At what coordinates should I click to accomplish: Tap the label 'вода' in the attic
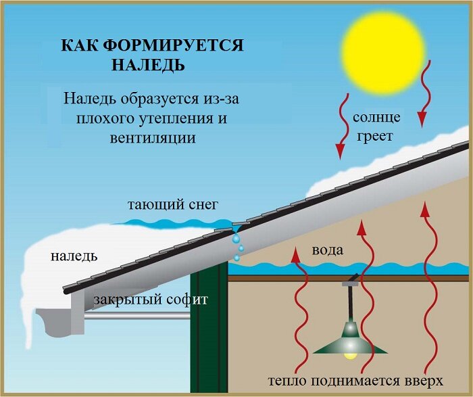[x=327, y=250]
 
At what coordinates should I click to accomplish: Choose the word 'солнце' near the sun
[x=376, y=117]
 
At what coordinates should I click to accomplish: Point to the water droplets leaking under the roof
[x=238, y=248]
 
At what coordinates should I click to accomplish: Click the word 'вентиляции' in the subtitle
[x=152, y=137]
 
